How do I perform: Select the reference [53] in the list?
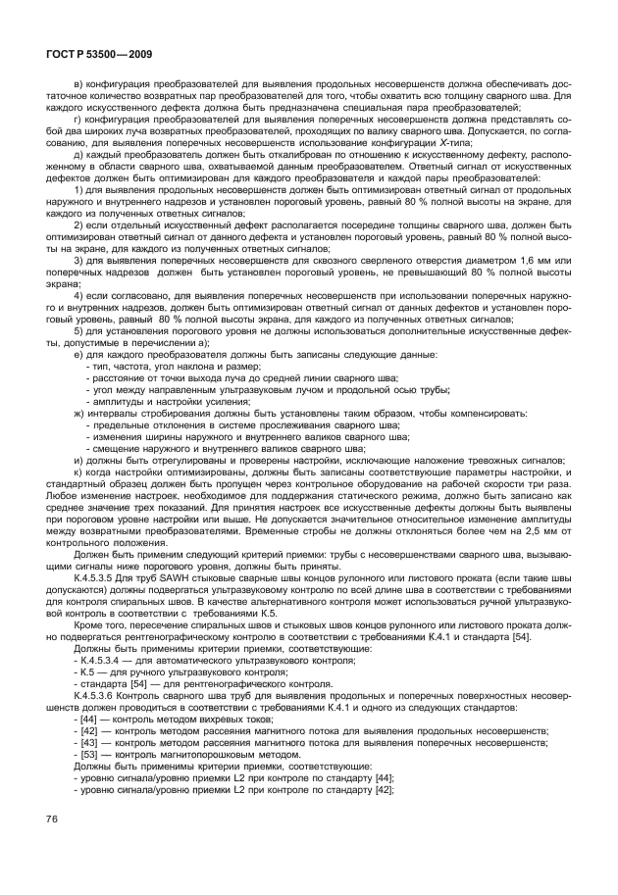pos(96,754)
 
